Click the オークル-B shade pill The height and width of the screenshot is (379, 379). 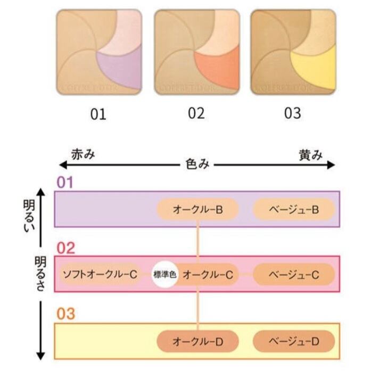[x=197, y=210]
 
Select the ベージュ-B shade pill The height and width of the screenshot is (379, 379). [x=293, y=210]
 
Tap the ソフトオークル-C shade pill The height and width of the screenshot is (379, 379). [x=100, y=275]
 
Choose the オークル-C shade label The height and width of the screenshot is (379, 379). [x=208, y=275]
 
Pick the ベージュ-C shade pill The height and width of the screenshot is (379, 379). [x=293, y=275]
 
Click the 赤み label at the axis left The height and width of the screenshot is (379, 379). [x=83, y=155]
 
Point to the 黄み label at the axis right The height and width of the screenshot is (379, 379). [x=310, y=155]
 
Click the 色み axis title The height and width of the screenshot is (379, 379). [x=197, y=164]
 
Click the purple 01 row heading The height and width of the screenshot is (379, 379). [x=64, y=182]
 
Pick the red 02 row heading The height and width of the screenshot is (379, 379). [x=66, y=248]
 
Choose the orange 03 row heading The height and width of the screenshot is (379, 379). [x=66, y=314]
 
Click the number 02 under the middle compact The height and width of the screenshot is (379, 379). [x=196, y=113]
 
